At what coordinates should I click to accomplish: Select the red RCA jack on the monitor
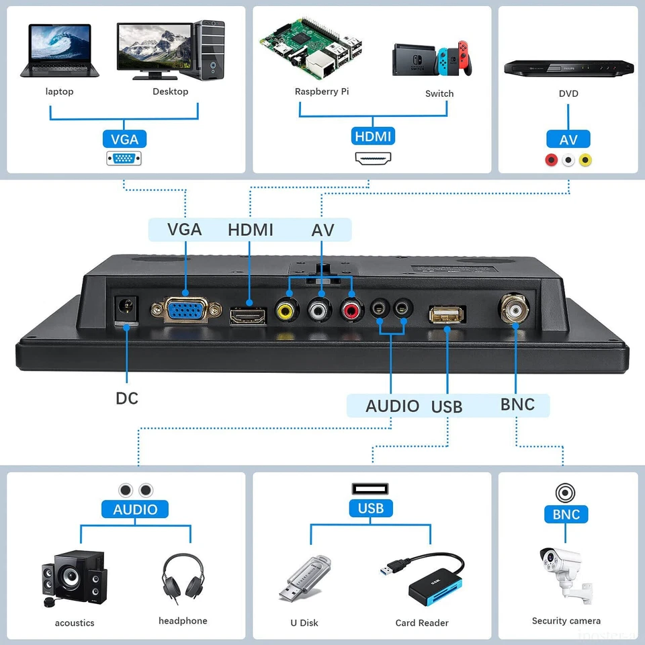(351, 310)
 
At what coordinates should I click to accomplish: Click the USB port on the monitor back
(446, 314)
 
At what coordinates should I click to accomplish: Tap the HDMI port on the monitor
(248, 314)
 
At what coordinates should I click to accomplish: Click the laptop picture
(60, 52)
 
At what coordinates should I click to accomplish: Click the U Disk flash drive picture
(304, 578)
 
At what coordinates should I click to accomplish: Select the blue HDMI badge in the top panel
(373, 136)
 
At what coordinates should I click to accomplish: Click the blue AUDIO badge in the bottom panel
(135, 509)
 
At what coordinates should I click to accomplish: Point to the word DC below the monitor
(126, 398)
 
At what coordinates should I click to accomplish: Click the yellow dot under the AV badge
(585, 160)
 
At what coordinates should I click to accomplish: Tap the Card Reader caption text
(422, 623)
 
